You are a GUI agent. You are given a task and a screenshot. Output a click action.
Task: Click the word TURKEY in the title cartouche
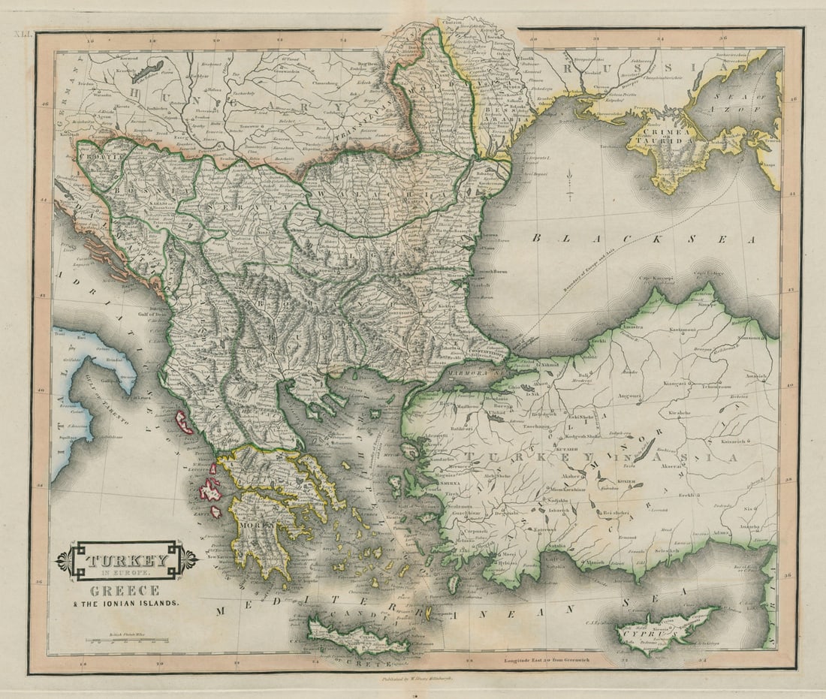pos(126,560)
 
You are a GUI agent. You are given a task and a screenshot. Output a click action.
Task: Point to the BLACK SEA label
pos(644,239)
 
